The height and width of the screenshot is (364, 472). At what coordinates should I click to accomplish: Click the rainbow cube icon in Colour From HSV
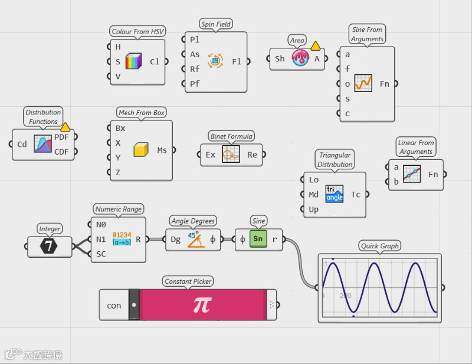[x=134, y=61]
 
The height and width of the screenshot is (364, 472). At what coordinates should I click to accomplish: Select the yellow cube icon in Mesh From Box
[x=141, y=150]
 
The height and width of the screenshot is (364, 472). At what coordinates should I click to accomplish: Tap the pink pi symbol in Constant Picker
[x=202, y=304]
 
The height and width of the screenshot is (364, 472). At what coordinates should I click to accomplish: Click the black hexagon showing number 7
[x=50, y=247]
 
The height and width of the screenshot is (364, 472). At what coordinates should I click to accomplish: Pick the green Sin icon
[x=258, y=240]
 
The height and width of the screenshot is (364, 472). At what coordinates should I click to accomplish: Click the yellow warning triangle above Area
[x=316, y=45]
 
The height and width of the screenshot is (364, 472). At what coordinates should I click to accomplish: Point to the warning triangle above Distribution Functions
[x=65, y=126]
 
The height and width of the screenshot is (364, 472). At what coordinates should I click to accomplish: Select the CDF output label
[x=61, y=152]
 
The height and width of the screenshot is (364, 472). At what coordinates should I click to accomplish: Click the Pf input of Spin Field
[x=195, y=84]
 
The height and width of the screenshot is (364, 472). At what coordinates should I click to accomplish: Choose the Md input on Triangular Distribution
[x=314, y=195]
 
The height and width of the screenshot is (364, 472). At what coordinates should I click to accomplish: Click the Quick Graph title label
[x=379, y=246]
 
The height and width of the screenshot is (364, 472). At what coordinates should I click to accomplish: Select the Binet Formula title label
[x=231, y=136]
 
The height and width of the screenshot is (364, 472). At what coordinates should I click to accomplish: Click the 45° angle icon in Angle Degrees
[x=196, y=239]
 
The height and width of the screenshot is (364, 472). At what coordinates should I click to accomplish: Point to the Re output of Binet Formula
[x=253, y=155]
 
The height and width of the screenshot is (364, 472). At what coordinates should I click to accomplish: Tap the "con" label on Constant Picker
[x=114, y=305]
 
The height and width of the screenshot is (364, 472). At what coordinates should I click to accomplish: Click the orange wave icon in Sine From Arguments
[x=363, y=83]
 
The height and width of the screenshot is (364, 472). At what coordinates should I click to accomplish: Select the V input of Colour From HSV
[x=118, y=76]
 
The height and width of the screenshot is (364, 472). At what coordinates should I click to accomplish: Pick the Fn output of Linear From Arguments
[x=433, y=174]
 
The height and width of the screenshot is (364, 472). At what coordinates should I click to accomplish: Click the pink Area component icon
[x=300, y=58]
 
